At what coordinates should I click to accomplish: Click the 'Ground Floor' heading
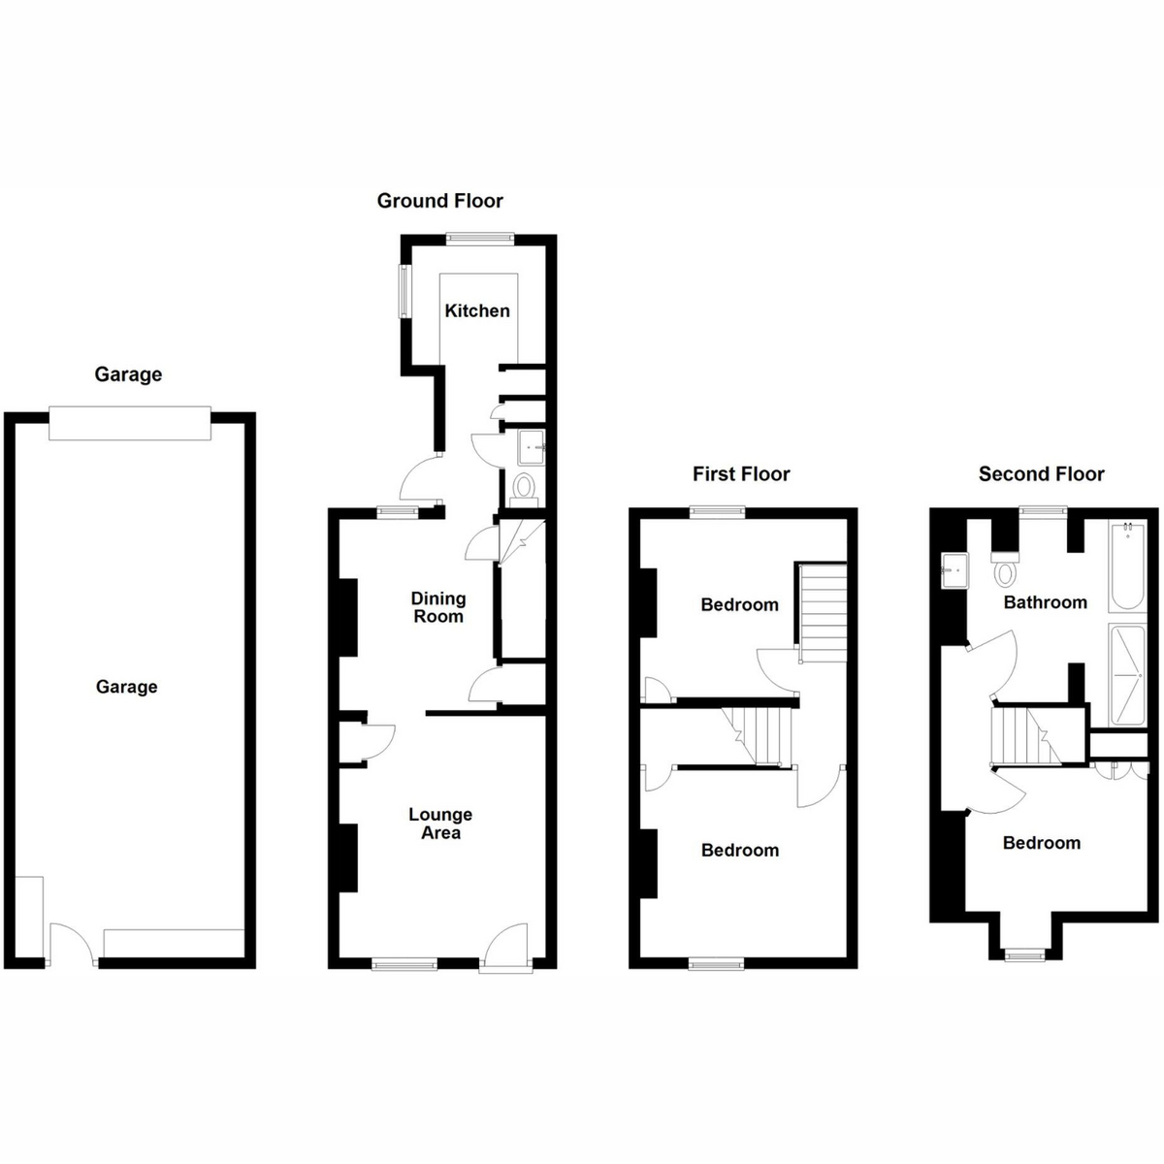point(439,201)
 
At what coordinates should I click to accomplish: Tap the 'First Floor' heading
point(741,474)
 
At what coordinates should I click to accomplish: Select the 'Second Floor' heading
point(1042,474)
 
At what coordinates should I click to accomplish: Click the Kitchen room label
point(477,311)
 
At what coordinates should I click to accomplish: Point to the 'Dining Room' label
point(438,607)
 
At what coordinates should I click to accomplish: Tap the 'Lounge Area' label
point(440,824)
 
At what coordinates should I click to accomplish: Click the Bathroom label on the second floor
point(1045,602)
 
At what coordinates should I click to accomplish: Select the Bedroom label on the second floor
point(1042,843)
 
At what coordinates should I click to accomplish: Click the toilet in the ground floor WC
point(524,489)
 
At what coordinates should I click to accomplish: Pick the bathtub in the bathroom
point(1127,566)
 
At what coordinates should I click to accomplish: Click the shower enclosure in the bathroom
point(1127,675)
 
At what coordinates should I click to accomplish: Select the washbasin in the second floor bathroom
point(955,569)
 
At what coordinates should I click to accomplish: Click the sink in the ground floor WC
point(531,447)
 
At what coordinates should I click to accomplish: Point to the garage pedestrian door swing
point(72,941)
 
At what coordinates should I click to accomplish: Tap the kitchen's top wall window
point(479,239)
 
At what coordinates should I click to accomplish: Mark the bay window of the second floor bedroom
point(1024,955)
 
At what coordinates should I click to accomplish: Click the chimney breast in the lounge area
point(347,857)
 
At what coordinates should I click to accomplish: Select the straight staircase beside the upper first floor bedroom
point(823,613)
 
